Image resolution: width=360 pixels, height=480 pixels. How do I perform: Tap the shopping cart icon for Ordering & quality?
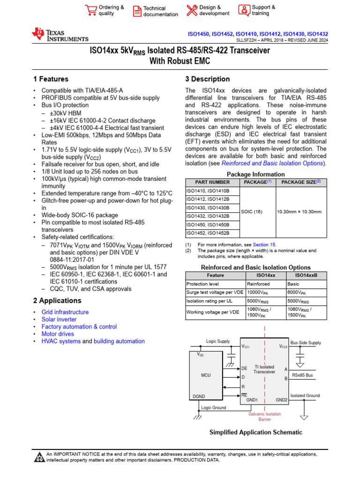pyautogui.click(x=90, y=10)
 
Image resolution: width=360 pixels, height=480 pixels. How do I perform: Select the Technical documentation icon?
pyautogui.click(x=136, y=11)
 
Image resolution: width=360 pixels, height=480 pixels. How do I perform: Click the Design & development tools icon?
pyautogui.click(x=192, y=10)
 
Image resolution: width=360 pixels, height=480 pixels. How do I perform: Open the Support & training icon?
pyautogui.click(x=244, y=10)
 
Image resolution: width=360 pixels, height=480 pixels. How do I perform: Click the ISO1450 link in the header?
pyautogui.click(x=198, y=34)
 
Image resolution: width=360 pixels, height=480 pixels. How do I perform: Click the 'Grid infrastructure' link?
pyautogui.click(x=65, y=312)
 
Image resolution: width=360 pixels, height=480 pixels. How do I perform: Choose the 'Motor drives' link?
pyautogui.click(x=58, y=334)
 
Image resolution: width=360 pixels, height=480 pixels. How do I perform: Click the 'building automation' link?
pyautogui.click(x=119, y=341)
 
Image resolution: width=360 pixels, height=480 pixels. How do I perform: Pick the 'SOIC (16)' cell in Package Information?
pyautogui.click(x=252, y=212)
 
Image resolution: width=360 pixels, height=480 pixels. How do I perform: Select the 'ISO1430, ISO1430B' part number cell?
pyautogui.click(x=208, y=208)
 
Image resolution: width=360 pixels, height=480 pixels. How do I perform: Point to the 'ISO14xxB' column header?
pyautogui.click(x=307, y=275)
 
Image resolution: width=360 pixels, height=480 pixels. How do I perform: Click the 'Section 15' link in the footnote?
pyautogui.click(x=264, y=245)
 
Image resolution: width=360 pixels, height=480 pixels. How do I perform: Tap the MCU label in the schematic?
pyautogui.click(x=206, y=375)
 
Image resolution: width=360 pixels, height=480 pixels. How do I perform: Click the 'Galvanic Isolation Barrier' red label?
pyautogui.click(x=265, y=417)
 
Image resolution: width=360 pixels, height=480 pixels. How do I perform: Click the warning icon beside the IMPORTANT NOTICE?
pyautogui.click(x=39, y=457)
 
